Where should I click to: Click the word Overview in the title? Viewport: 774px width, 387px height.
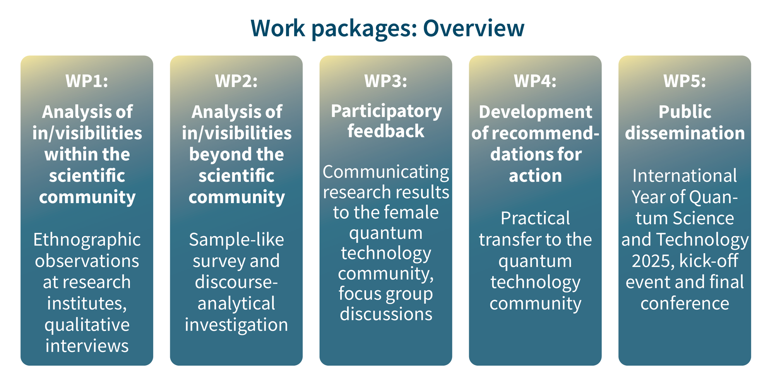(x=473, y=28)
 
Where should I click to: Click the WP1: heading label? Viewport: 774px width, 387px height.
(x=87, y=81)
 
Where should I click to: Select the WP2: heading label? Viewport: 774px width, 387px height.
(x=236, y=81)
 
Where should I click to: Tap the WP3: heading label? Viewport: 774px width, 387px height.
(x=385, y=81)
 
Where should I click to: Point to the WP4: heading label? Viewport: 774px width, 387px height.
(x=535, y=81)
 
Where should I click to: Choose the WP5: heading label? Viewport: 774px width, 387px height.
(x=684, y=81)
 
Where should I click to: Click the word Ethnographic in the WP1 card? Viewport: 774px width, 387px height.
(x=87, y=240)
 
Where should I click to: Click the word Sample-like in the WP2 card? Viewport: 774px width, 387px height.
(x=236, y=240)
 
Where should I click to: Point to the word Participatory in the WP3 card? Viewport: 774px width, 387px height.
(x=386, y=112)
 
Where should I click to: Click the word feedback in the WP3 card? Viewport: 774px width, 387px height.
(x=385, y=131)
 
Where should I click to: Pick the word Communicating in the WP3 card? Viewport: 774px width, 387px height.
(x=386, y=172)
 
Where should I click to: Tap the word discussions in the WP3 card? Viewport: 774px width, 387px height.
(x=386, y=314)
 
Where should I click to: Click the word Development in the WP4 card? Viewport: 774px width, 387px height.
(x=535, y=112)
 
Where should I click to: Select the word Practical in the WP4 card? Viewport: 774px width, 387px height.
(x=535, y=219)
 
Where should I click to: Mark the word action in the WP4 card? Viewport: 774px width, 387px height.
(x=535, y=176)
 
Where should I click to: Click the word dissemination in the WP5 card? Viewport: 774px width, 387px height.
(x=685, y=134)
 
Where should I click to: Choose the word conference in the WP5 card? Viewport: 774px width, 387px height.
(x=685, y=304)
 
